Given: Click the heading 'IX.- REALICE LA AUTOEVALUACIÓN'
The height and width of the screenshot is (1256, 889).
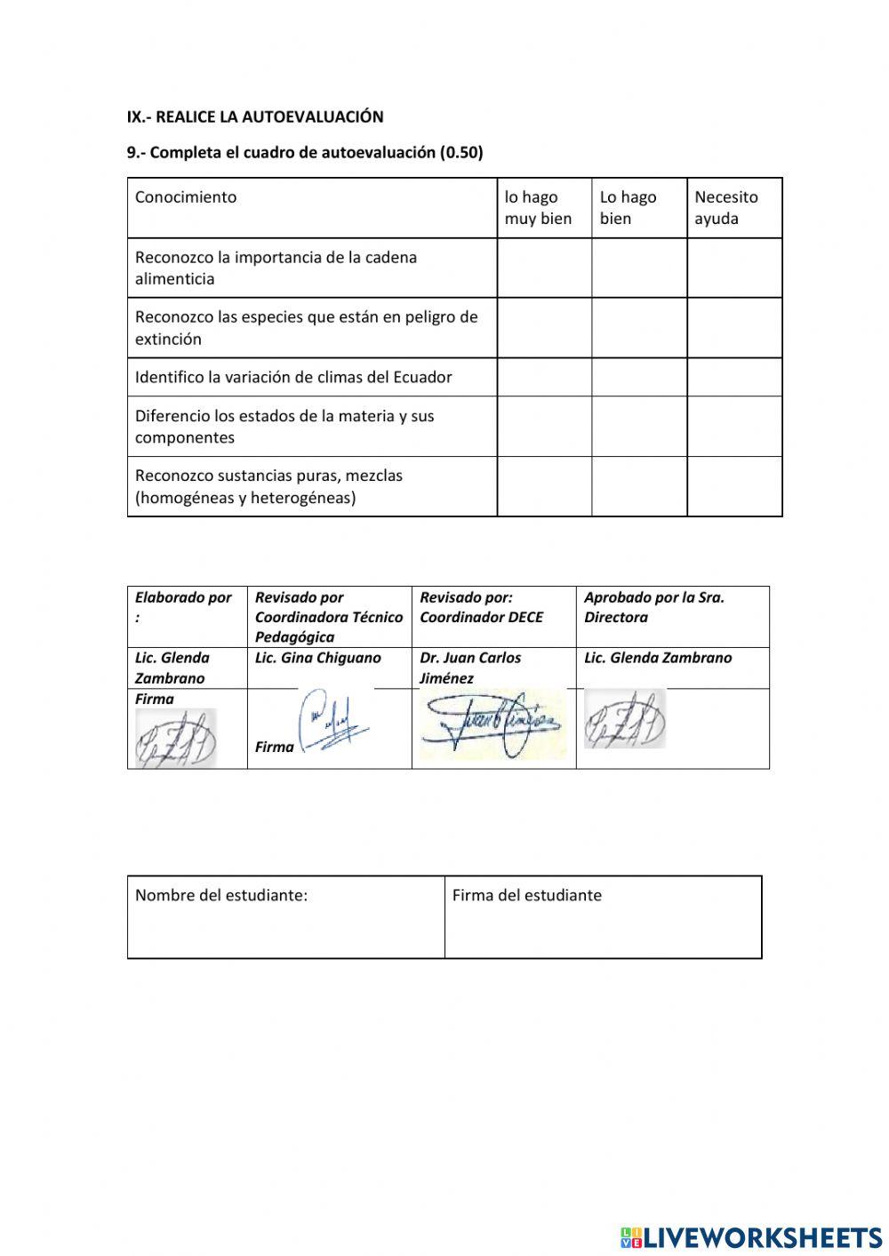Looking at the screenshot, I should coord(255,116).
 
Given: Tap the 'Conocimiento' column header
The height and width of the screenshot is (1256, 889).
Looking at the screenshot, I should coord(186,197).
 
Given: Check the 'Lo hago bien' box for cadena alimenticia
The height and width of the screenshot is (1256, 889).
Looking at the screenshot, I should coord(639,268).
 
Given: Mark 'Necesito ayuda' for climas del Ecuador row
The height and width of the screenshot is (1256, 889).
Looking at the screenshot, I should coord(734,377).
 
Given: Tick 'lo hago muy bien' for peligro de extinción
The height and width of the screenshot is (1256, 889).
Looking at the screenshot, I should coord(544,327).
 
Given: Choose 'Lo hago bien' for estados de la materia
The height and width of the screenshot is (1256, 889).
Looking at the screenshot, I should coord(639,426).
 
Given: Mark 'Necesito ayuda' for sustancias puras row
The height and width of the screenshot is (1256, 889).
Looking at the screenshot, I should coord(734,486).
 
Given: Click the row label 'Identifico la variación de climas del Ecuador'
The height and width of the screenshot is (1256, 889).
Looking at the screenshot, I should coord(293,377).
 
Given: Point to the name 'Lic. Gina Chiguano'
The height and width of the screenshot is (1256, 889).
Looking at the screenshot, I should coord(317,658).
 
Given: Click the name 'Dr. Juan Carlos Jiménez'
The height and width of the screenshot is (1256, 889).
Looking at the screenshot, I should coord(470,668).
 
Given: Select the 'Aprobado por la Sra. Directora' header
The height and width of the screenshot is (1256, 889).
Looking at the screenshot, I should coord(654,607).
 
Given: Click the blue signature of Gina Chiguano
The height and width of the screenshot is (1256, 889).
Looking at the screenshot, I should coord(333,722).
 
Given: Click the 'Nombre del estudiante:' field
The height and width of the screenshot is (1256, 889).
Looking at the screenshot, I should coord(285,917).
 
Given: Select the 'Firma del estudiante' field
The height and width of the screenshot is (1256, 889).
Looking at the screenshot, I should coord(603,917).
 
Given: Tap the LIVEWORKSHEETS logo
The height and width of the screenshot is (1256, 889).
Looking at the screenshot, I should coord(751,1236).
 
